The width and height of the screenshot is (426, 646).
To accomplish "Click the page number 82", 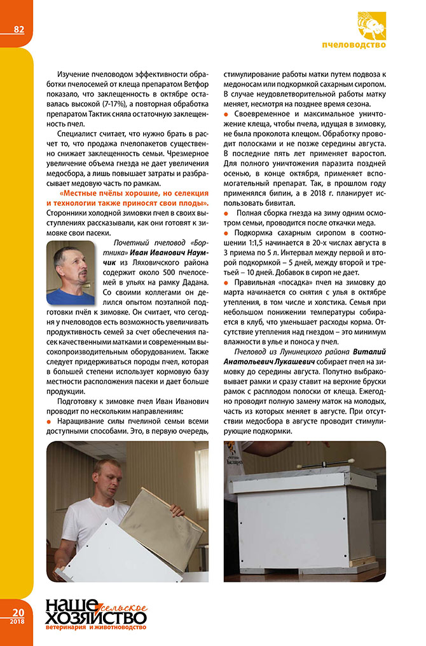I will pyautogui.click(x=18, y=29).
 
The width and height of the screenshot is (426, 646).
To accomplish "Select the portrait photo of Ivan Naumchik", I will pyautogui.click(x=70, y=274).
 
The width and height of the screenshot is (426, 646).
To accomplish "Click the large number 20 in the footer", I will pyautogui.click(x=17, y=611).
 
